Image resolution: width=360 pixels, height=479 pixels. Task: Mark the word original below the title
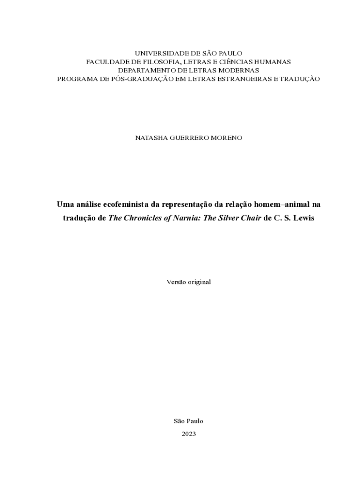(200, 282)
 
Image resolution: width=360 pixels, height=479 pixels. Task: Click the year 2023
(189, 434)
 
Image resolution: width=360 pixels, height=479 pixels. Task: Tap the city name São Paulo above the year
(188, 421)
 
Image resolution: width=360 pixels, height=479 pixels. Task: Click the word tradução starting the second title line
(80, 218)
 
